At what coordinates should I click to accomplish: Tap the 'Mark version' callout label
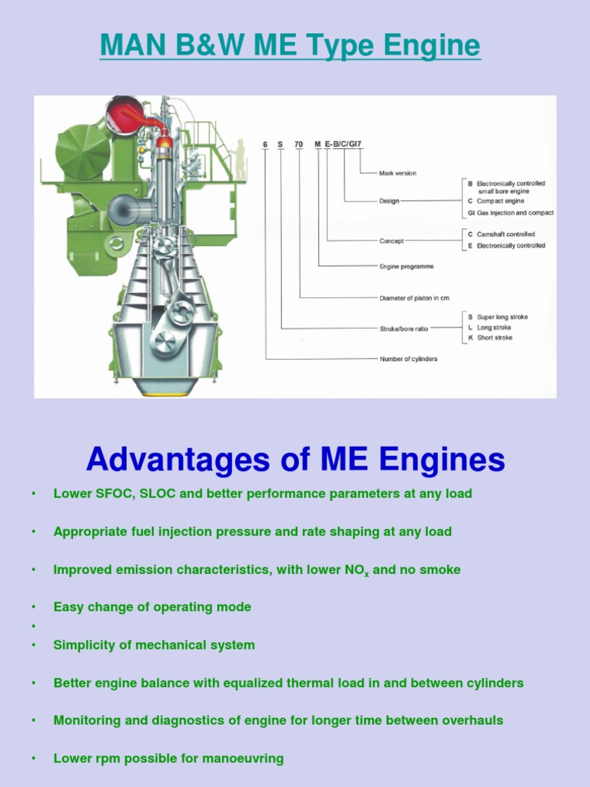pos(398,174)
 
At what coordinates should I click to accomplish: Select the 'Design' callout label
pos(389,201)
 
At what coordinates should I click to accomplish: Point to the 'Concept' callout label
pos(391,241)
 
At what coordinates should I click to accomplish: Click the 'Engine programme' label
pos(406,267)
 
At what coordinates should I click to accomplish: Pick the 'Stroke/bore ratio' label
pos(404,328)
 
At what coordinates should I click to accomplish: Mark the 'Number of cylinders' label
pos(409,359)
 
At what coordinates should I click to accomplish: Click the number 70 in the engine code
pos(299,144)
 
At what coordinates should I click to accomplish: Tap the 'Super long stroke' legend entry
pos(502,317)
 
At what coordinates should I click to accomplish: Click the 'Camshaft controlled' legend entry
pos(505,234)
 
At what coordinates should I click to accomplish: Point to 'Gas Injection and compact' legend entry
pos(515,213)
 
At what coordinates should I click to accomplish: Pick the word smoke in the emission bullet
pos(442,569)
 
